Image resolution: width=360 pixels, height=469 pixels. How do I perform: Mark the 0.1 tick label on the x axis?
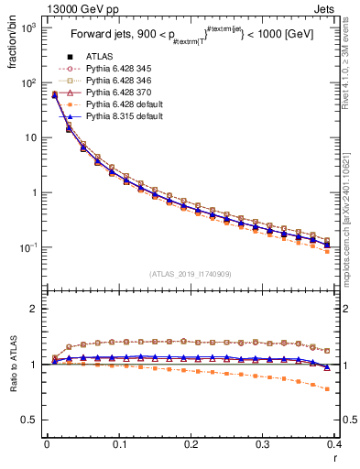point(119,449)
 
